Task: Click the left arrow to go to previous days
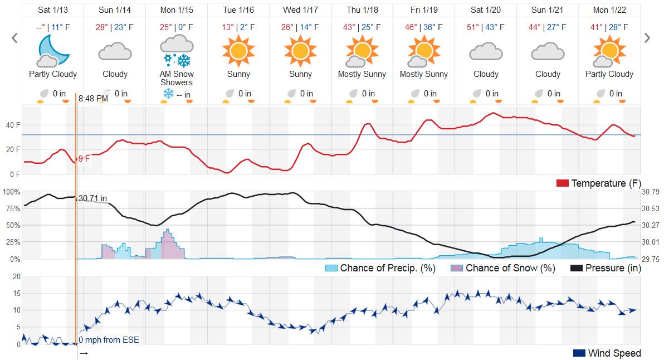[x=15, y=38]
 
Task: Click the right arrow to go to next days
[x=647, y=38]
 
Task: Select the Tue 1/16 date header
[x=238, y=10]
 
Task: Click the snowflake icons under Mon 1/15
[x=177, y=60]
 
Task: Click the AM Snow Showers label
[x=177, y=78]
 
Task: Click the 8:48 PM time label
[x=93, y=99]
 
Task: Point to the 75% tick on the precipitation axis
[x=12, y=208]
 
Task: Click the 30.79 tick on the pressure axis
[x=651, y=192]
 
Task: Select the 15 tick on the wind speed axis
[x=16, y=293]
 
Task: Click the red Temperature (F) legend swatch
[x=562, y=183]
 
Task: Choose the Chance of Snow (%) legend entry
[x=504, y=268]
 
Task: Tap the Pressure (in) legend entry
[x=606, y=268]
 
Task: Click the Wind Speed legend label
[x=614, y=353]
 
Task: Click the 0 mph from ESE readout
[x=109, y=340]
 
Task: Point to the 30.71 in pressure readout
[x=93, y=198]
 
